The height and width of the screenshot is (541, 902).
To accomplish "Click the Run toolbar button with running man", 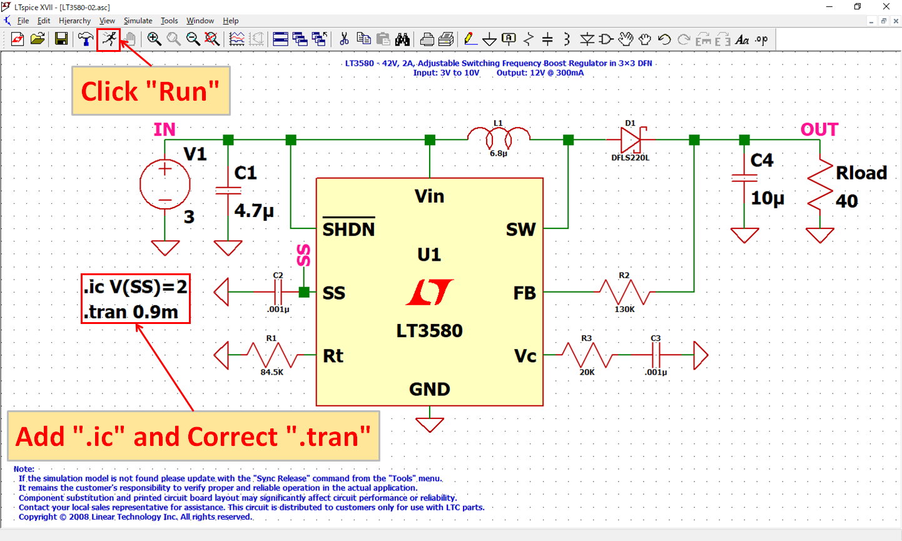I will pos(110,39).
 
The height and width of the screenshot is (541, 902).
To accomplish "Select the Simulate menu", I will pos(138,21).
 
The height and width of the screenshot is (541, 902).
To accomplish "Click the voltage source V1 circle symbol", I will pos(165,185).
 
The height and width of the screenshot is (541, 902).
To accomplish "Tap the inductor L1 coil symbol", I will pos(499,134).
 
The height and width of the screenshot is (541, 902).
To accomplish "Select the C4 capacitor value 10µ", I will pos(768,198).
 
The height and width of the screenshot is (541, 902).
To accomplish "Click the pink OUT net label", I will pos(819,129).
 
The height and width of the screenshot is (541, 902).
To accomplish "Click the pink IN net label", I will pos(165,129).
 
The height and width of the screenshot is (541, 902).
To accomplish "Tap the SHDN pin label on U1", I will pos(348,230).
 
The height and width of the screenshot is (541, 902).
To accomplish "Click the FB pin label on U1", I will pos(524,293).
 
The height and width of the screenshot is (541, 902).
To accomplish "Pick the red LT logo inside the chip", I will pos(430,292).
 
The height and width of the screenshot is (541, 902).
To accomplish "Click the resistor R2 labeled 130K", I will pos(624,292).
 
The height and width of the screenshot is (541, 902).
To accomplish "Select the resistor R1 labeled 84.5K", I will pos(272,355).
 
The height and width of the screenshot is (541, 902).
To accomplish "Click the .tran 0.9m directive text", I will pos(131,311).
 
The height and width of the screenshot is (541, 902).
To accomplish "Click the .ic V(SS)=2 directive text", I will pos(135,287).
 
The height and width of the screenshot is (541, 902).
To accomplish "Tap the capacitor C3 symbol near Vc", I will pos(656,355).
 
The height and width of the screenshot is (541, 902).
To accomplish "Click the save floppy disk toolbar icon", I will pos(61,39).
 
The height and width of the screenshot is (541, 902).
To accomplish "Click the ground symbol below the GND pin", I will pos(430,424).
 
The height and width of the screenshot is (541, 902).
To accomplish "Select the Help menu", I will pos(230,21).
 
